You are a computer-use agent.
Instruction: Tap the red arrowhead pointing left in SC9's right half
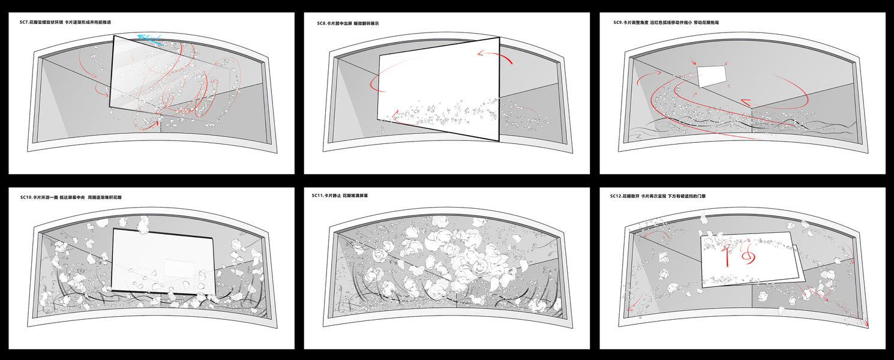point(744,102)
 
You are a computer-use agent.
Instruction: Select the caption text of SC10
point(74,197)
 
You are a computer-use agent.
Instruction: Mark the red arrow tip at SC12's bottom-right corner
point(865,324)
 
